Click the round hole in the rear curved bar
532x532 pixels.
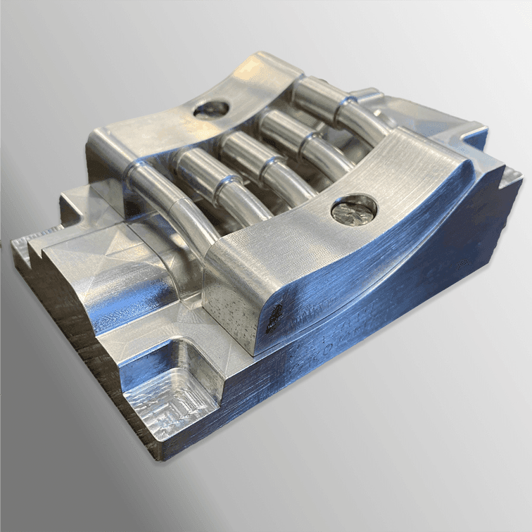pos(210,108)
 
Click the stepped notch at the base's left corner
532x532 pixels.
pos(28,248)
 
